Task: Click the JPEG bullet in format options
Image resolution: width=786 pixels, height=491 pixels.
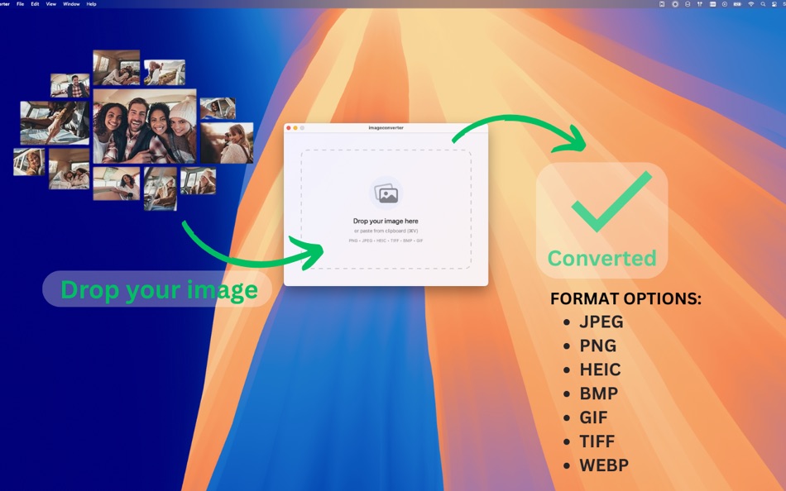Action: tap(601, 322)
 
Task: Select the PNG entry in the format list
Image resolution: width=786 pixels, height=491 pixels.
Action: tap(597, 346)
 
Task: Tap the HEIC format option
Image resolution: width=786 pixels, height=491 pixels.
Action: tap(600, 369)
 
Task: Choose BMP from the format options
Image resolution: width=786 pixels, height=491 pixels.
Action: tap(598, 393)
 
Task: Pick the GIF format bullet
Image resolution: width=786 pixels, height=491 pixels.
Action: tap(593, 417)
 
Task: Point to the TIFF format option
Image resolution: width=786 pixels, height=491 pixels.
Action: tap(597, 441)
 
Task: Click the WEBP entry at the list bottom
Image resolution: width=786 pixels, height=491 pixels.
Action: tap(604, 465)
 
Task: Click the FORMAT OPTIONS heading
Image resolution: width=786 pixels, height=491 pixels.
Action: tap(625, 298)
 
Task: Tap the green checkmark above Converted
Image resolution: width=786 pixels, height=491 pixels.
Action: tap(611, 202)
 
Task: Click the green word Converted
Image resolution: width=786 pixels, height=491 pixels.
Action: tap(601, 259)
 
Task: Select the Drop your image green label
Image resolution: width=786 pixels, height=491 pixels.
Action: tap(159, 290)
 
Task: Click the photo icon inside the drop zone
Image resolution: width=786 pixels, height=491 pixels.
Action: tap(386, 193)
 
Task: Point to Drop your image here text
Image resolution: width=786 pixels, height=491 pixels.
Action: tap(386, 222)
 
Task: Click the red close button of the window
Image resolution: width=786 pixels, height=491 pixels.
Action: tap(289, 128)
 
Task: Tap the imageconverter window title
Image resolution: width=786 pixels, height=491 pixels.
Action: tap(386, 128)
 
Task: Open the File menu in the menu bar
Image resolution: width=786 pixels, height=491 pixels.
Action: tap(20, 4)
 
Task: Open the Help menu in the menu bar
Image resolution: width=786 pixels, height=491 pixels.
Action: tap(91, 4)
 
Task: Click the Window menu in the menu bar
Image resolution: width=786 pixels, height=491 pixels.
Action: tap(71, 4)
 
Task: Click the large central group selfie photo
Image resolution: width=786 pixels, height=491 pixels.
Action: tap(145, 126)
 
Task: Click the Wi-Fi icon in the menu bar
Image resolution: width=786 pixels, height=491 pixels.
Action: tap(751, 4)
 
